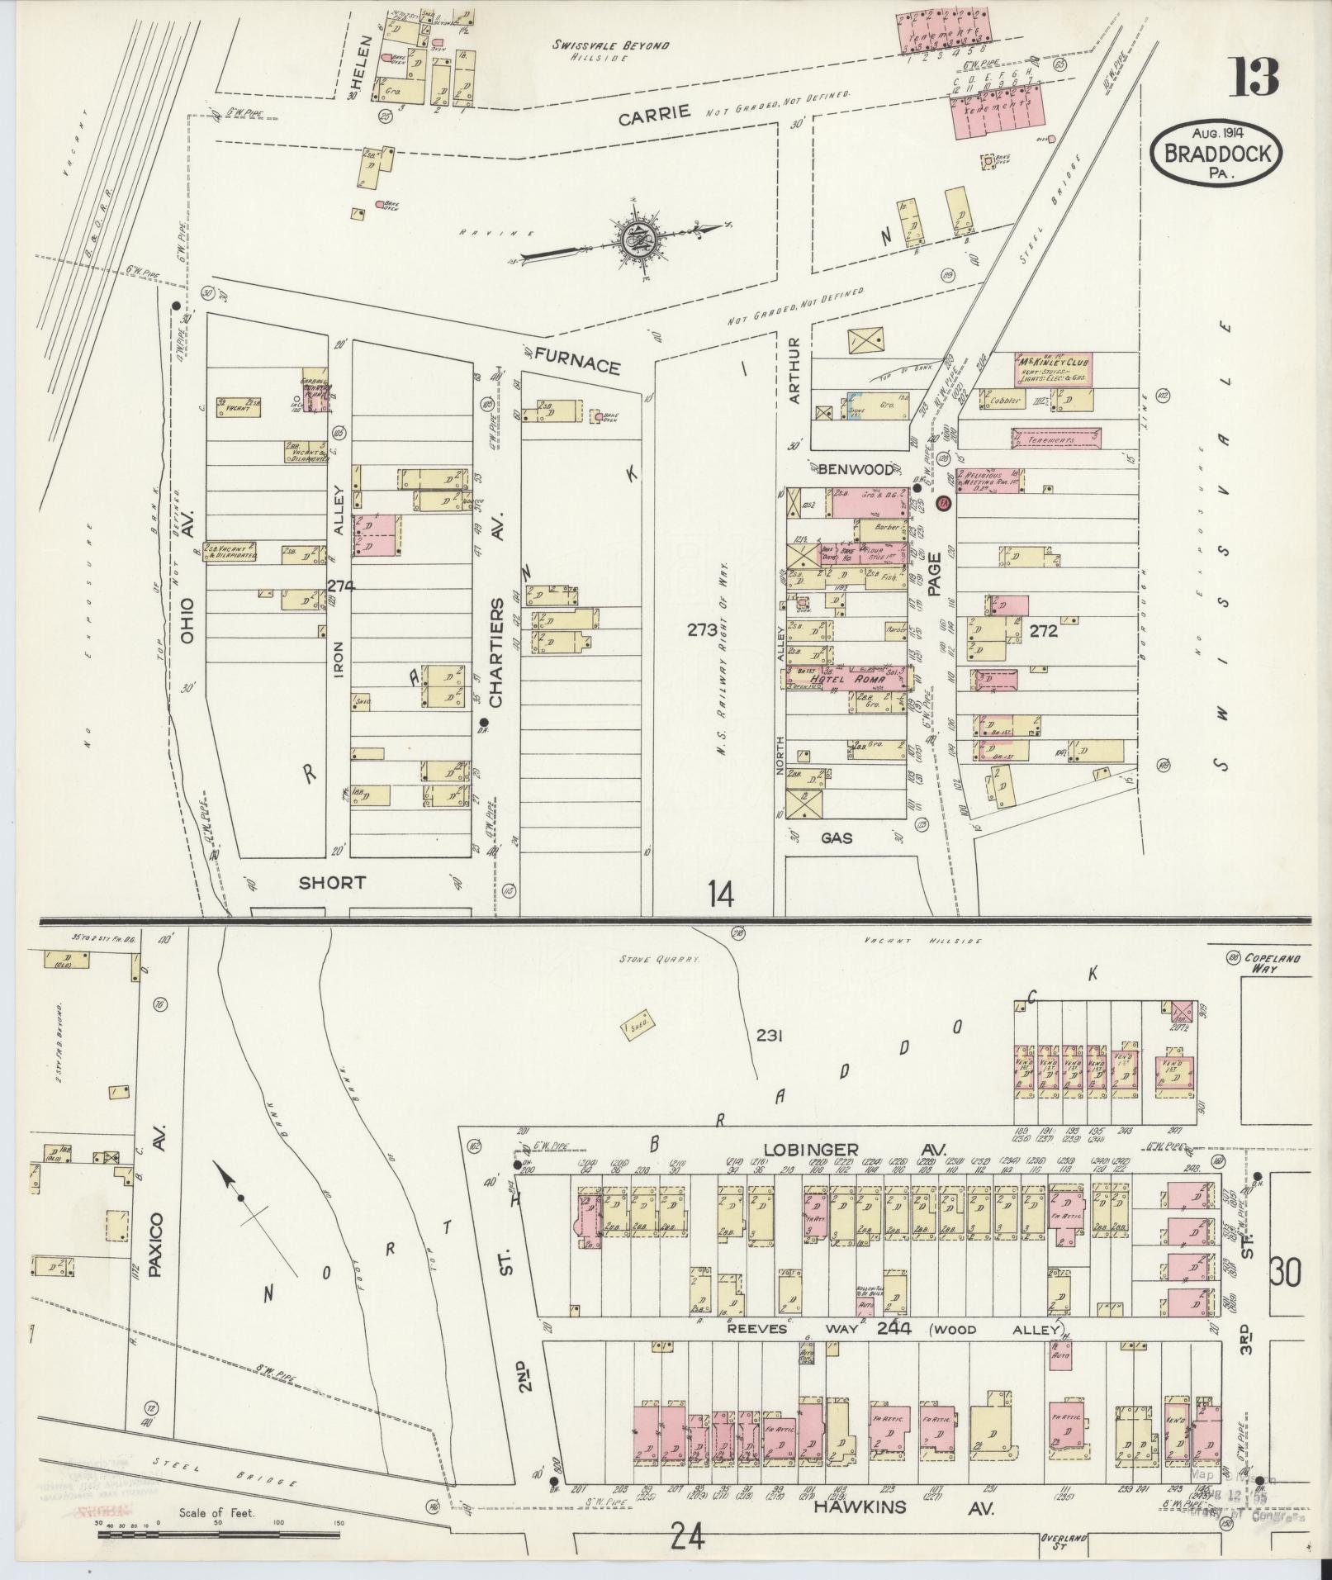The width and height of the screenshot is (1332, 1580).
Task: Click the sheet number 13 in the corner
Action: coord(1255,78)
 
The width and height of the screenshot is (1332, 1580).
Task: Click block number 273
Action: coord(702,630)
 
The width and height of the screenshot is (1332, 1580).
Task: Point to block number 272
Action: coord(1044,632)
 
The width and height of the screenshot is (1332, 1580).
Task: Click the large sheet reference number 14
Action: coord(720,894)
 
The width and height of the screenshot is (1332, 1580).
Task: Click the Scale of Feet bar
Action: coord(219,1534)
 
